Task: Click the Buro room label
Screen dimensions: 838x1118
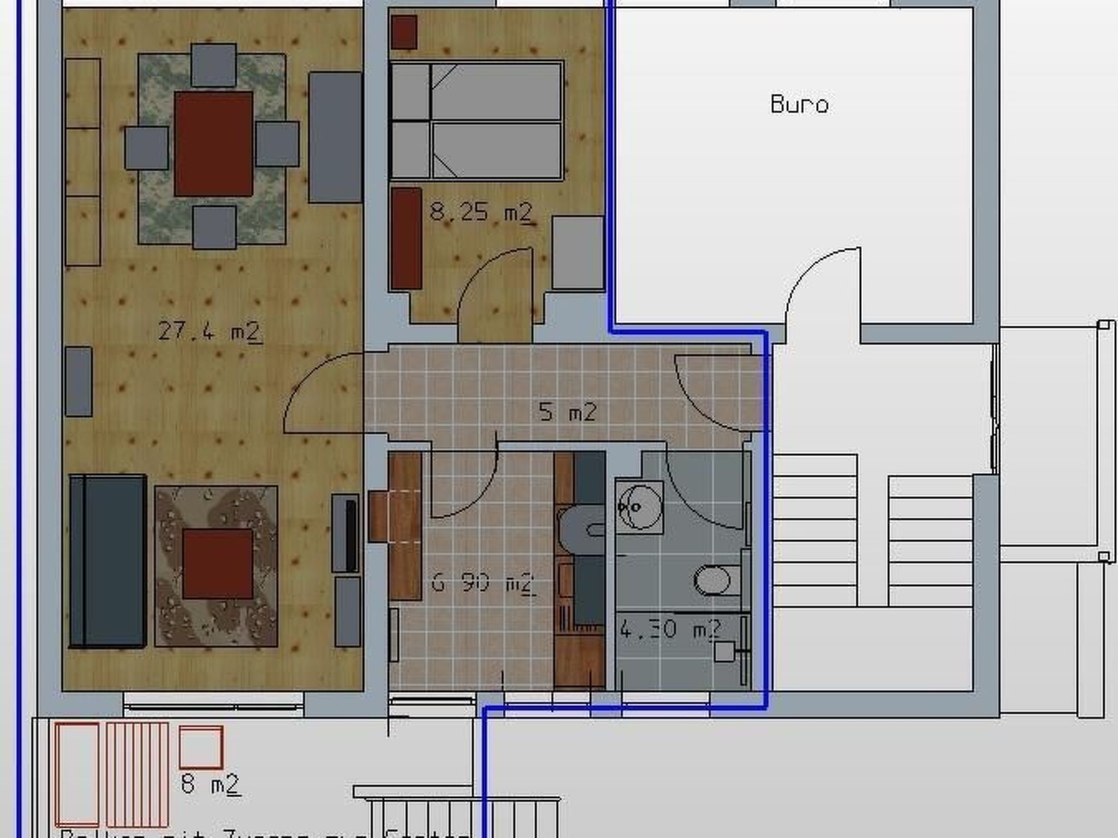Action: pos(799,104)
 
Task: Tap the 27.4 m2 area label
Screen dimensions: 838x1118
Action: pos(210,331)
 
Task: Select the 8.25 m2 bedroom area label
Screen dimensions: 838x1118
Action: pos(480,212)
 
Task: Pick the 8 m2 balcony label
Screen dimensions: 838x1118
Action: pos(210,785)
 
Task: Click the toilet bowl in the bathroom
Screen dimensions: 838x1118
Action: pos(712,580)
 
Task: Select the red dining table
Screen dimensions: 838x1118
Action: pos(213,143)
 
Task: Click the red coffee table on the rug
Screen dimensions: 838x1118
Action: pos(217,563)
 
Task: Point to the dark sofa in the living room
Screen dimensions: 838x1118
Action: pos(108,561)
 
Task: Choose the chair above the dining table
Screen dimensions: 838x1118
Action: pos(213,65)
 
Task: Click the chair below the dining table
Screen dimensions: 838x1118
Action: pos(214,226)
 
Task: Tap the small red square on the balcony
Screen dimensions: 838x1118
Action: pos(201,746)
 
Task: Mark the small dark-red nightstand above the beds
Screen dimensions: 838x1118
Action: pos(404,32)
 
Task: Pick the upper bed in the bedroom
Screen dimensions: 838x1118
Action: pos(476,91)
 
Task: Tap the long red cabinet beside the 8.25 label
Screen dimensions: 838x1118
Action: pos(406,238)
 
